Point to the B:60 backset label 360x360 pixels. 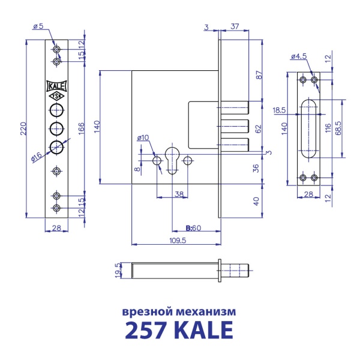193,228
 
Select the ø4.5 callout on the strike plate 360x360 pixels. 299,56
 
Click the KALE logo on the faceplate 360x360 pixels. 56,85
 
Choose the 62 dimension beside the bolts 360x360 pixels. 259,128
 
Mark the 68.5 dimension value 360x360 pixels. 340,128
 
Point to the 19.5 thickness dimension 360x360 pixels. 118,269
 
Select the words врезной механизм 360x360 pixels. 179,312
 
